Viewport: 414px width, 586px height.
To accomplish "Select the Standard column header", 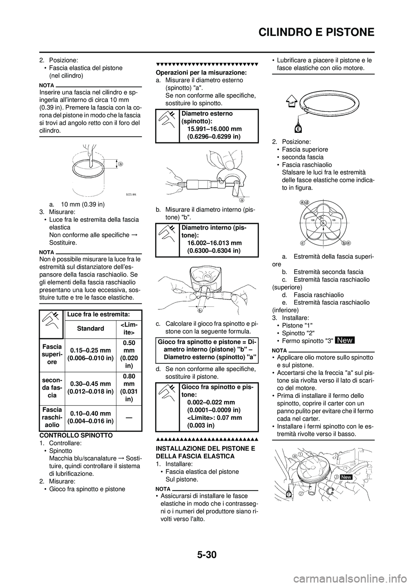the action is click(x=90, y=328).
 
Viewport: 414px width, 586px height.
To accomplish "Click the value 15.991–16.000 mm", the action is click(x=214, y=129).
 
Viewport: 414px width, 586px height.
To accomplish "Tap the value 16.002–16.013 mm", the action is click(x=214, y=243).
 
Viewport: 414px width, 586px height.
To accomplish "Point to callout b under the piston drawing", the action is click(x=200, y=310).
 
